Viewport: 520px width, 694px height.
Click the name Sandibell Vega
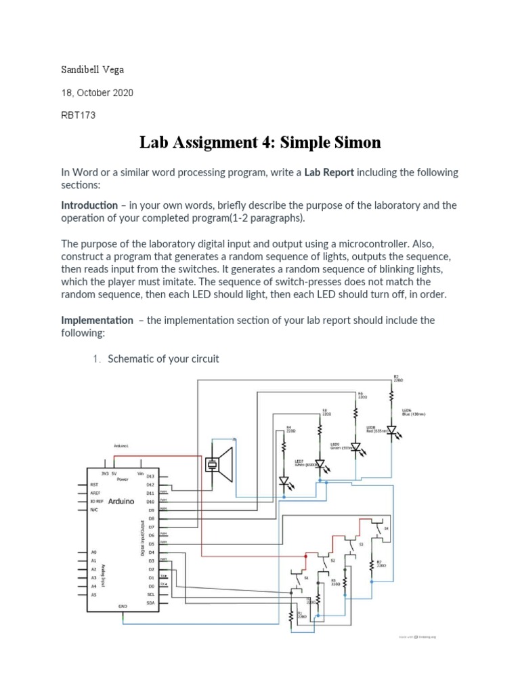tap(93, 70)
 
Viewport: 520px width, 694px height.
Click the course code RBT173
tap(78, 115)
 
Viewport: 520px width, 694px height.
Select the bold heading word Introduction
tap(89, 205)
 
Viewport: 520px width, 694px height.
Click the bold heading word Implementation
tap(97, 320)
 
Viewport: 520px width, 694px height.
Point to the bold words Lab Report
tap(329, 173)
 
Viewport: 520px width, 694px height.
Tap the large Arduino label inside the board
tap(119, 501)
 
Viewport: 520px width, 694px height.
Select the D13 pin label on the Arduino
tap(150, 476)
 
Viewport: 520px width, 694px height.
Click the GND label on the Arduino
tap(123, 605)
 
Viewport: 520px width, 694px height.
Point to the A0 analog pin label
tap(94, 552)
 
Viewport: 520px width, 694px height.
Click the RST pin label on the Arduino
tap(94, 485)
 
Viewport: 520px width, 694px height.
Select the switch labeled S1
tap(299, 579)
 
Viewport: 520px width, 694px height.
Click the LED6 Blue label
tap(414, 412)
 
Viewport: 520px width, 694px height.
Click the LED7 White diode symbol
tap(284, 482)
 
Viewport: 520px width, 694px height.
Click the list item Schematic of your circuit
tap(162, 359)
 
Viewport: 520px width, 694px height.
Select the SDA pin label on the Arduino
tap(150, 603)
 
